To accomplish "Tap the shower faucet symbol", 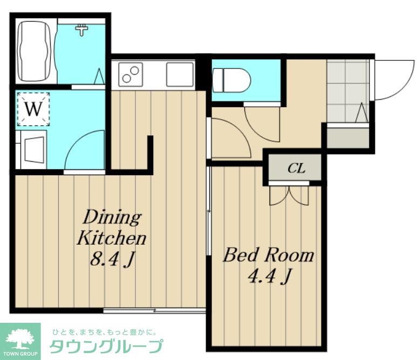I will pyautogui.click(x=81, y=29).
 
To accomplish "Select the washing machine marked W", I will pyautogui.click(x=33, y=109).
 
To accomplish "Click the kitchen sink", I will pyautogui.click(x=179, y=73).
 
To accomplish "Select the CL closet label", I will pyautogui.click(x=296, y=168).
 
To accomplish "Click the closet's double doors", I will pyautogui.click(x=289, y=195).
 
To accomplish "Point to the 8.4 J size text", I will pyautogui.click(x=112, y=260).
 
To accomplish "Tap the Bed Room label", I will pyautogui.click(x=268, y=254).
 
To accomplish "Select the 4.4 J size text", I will pyautogui.click(x=269, y=277).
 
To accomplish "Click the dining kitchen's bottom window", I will pyautogui.click(x=154, y=310).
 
